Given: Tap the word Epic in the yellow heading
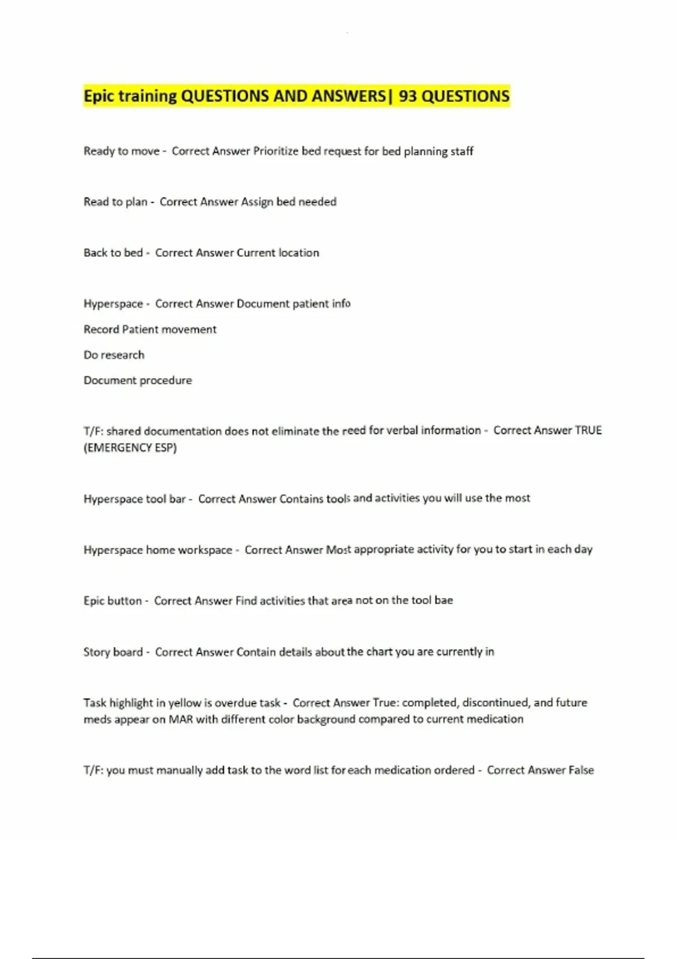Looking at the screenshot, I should point(99,96).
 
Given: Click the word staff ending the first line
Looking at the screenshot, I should point(461,151).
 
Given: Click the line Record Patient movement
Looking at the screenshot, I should point(150,329).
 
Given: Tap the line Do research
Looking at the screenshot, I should point(114,355).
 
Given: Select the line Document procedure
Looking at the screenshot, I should point(138,380).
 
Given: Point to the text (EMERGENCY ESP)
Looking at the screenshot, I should point(130,448).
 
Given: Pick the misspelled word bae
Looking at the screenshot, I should point(443,600).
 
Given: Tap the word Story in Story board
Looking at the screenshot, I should point(96,652).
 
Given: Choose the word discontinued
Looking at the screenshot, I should point(496,703).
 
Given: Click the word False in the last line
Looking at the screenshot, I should point(581,771).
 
